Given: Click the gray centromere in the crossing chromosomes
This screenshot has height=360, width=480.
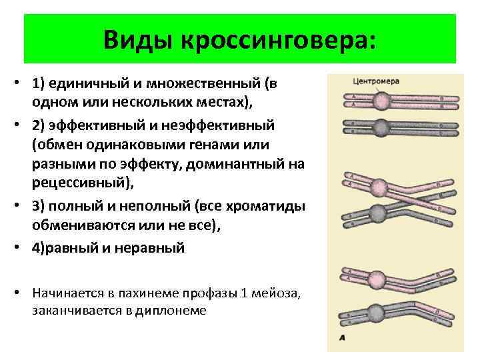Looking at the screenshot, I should click(x=379, y=213).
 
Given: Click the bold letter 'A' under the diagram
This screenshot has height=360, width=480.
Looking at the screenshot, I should click(x=342, y=337).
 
